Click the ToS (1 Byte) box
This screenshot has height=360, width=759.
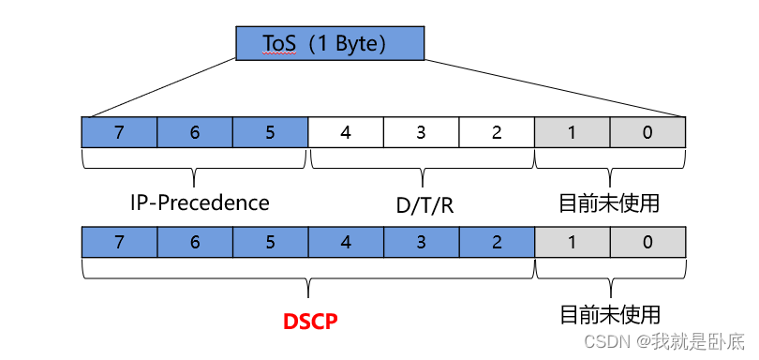pos(329,43)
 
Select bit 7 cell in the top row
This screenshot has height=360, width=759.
pos(119,132)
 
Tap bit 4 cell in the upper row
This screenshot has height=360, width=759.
pos(346,132)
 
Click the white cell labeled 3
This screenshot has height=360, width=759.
pos(421,132)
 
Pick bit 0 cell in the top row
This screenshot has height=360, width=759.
pos(647,132)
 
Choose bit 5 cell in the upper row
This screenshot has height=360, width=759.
pos(270,132)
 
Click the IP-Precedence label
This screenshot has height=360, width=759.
pos(200,202)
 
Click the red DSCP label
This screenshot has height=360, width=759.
pos(309,320)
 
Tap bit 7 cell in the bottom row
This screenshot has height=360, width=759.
pos(119,242)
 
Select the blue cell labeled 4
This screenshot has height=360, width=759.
pos(346,242)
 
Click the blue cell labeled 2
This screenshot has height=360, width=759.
pos(497,242)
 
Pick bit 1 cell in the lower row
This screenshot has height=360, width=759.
pos(573,242)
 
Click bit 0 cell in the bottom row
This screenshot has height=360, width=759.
pos(647,242)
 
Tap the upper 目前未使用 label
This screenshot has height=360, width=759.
pos(609,203)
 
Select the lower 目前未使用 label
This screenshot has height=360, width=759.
pos(609,313)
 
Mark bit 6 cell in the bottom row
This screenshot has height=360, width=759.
pos(195,242)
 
